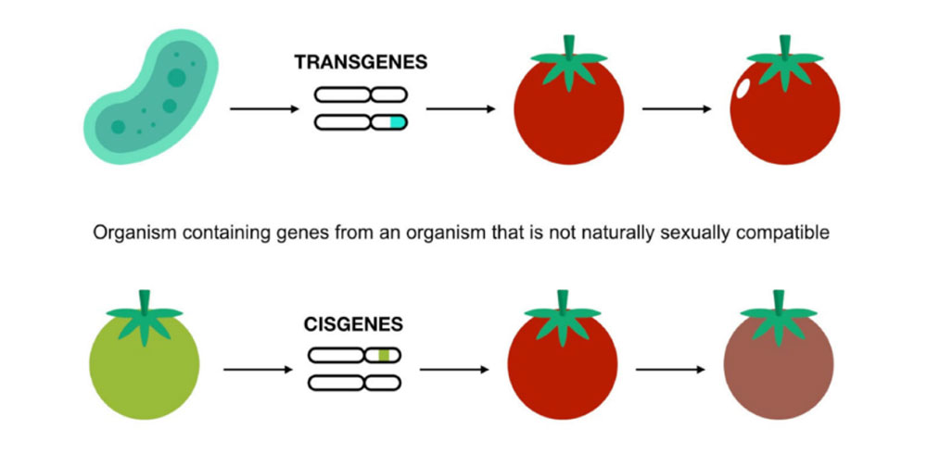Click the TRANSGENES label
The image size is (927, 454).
point(361,64)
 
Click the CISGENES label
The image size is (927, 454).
point(353,325)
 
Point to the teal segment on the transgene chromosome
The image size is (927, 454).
point(397,121)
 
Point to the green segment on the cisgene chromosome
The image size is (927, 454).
point(384,355)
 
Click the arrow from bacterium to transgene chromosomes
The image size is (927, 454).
point(263,109)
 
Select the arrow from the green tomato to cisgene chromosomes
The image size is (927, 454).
point(258,370)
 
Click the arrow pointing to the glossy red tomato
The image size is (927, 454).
point(677,109)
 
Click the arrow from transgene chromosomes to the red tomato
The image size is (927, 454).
point(459,109)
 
